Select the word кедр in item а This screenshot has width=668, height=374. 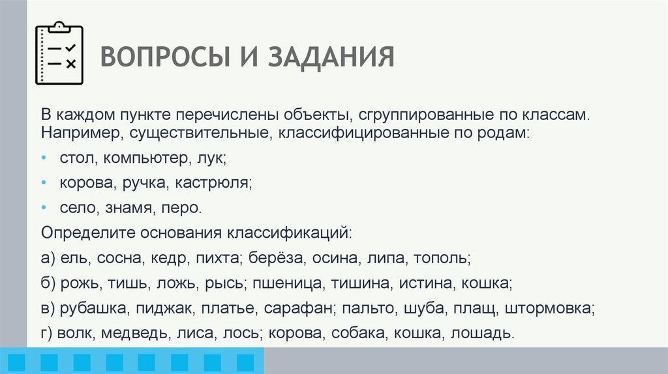(x=170, y=258)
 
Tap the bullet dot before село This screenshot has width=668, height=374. (x=44, y=208)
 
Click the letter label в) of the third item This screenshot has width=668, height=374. (x=48, y=308)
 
